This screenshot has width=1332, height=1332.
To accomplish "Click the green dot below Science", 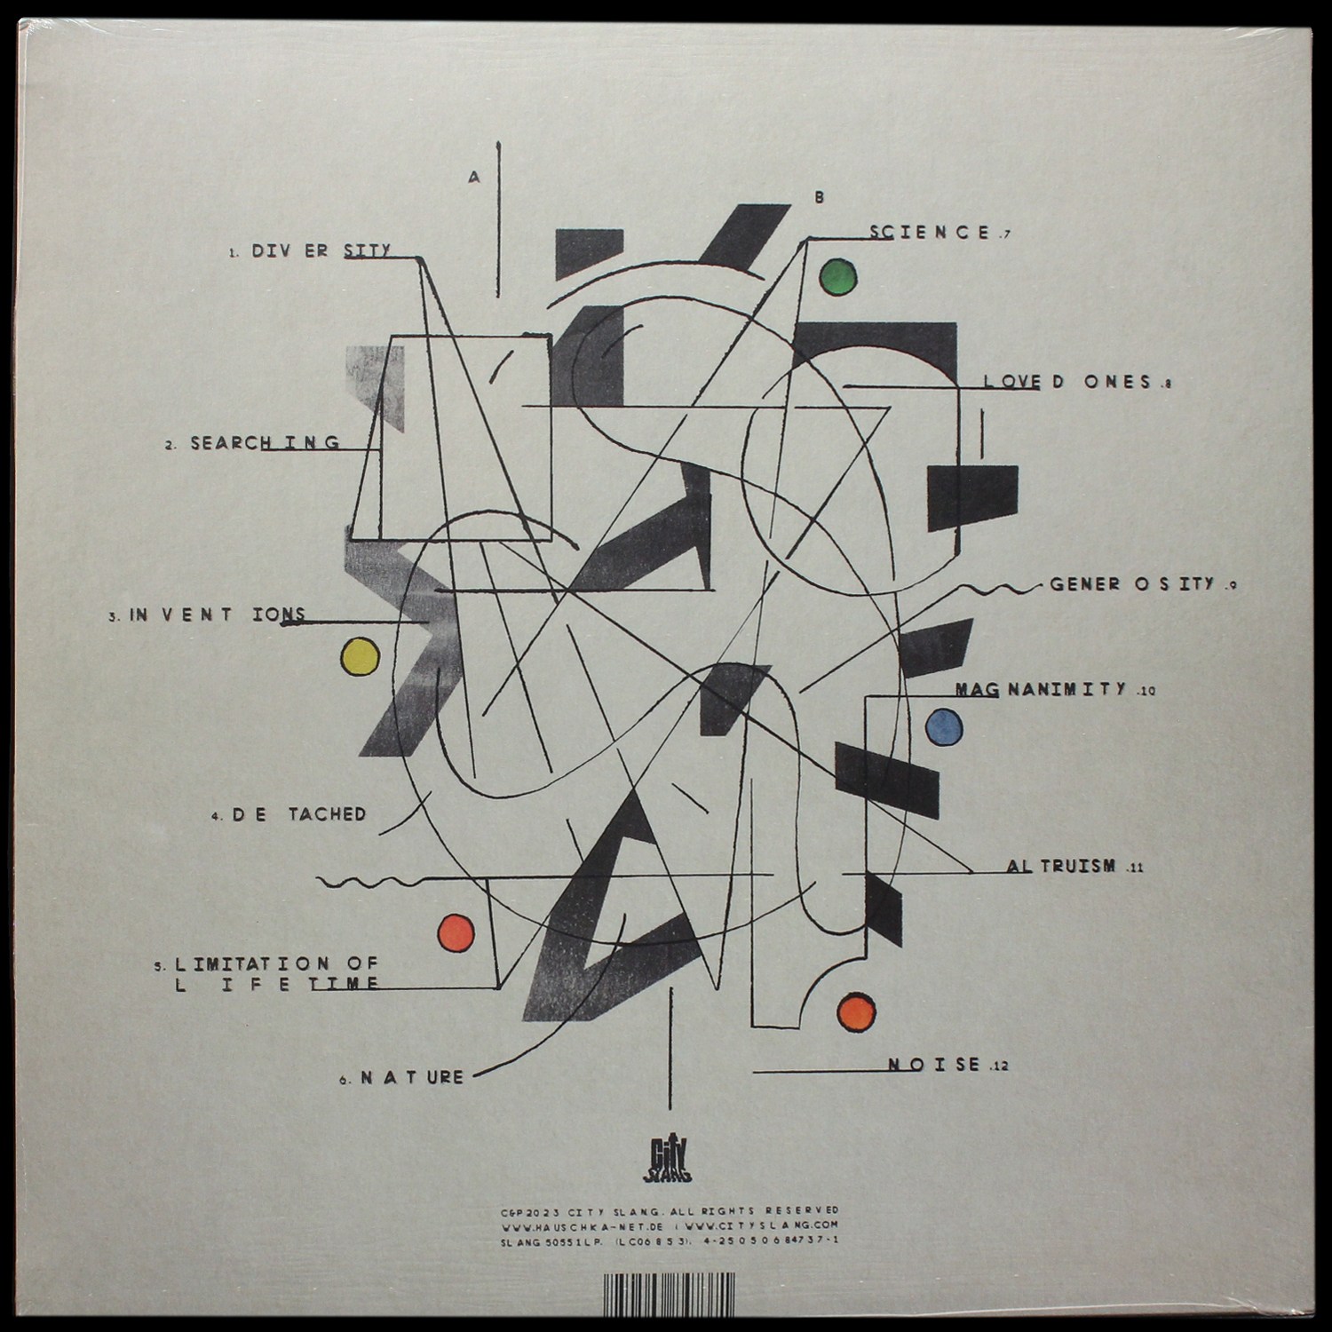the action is (837, 277).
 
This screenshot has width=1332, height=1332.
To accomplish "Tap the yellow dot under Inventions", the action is (361, 657).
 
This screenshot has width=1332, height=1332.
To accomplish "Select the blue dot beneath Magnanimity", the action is (945, 727).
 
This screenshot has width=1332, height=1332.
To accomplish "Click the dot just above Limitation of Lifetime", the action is (456, 932).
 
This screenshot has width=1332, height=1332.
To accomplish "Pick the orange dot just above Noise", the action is (858, 1011).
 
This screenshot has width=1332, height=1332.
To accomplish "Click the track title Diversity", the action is (321, 251).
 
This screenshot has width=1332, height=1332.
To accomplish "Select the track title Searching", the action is (265, 442).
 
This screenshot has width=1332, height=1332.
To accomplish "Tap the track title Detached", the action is (299, 814).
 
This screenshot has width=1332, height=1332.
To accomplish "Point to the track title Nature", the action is (413, 1078).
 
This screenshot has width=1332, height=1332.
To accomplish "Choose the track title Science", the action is (930, 233).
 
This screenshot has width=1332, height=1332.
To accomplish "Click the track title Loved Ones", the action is (1067, 382).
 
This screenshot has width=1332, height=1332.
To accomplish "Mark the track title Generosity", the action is (1131, 584).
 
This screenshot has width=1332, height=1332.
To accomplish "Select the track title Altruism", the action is (1061, 866).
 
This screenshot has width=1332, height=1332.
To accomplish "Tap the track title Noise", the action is (934, 1064).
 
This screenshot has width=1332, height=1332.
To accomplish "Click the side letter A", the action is (474, 178).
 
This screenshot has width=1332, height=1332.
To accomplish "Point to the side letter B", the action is (819, 199).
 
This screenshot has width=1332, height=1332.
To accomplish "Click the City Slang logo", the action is (666, 1162).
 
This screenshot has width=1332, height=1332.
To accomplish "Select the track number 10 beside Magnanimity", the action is (1146, 693).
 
